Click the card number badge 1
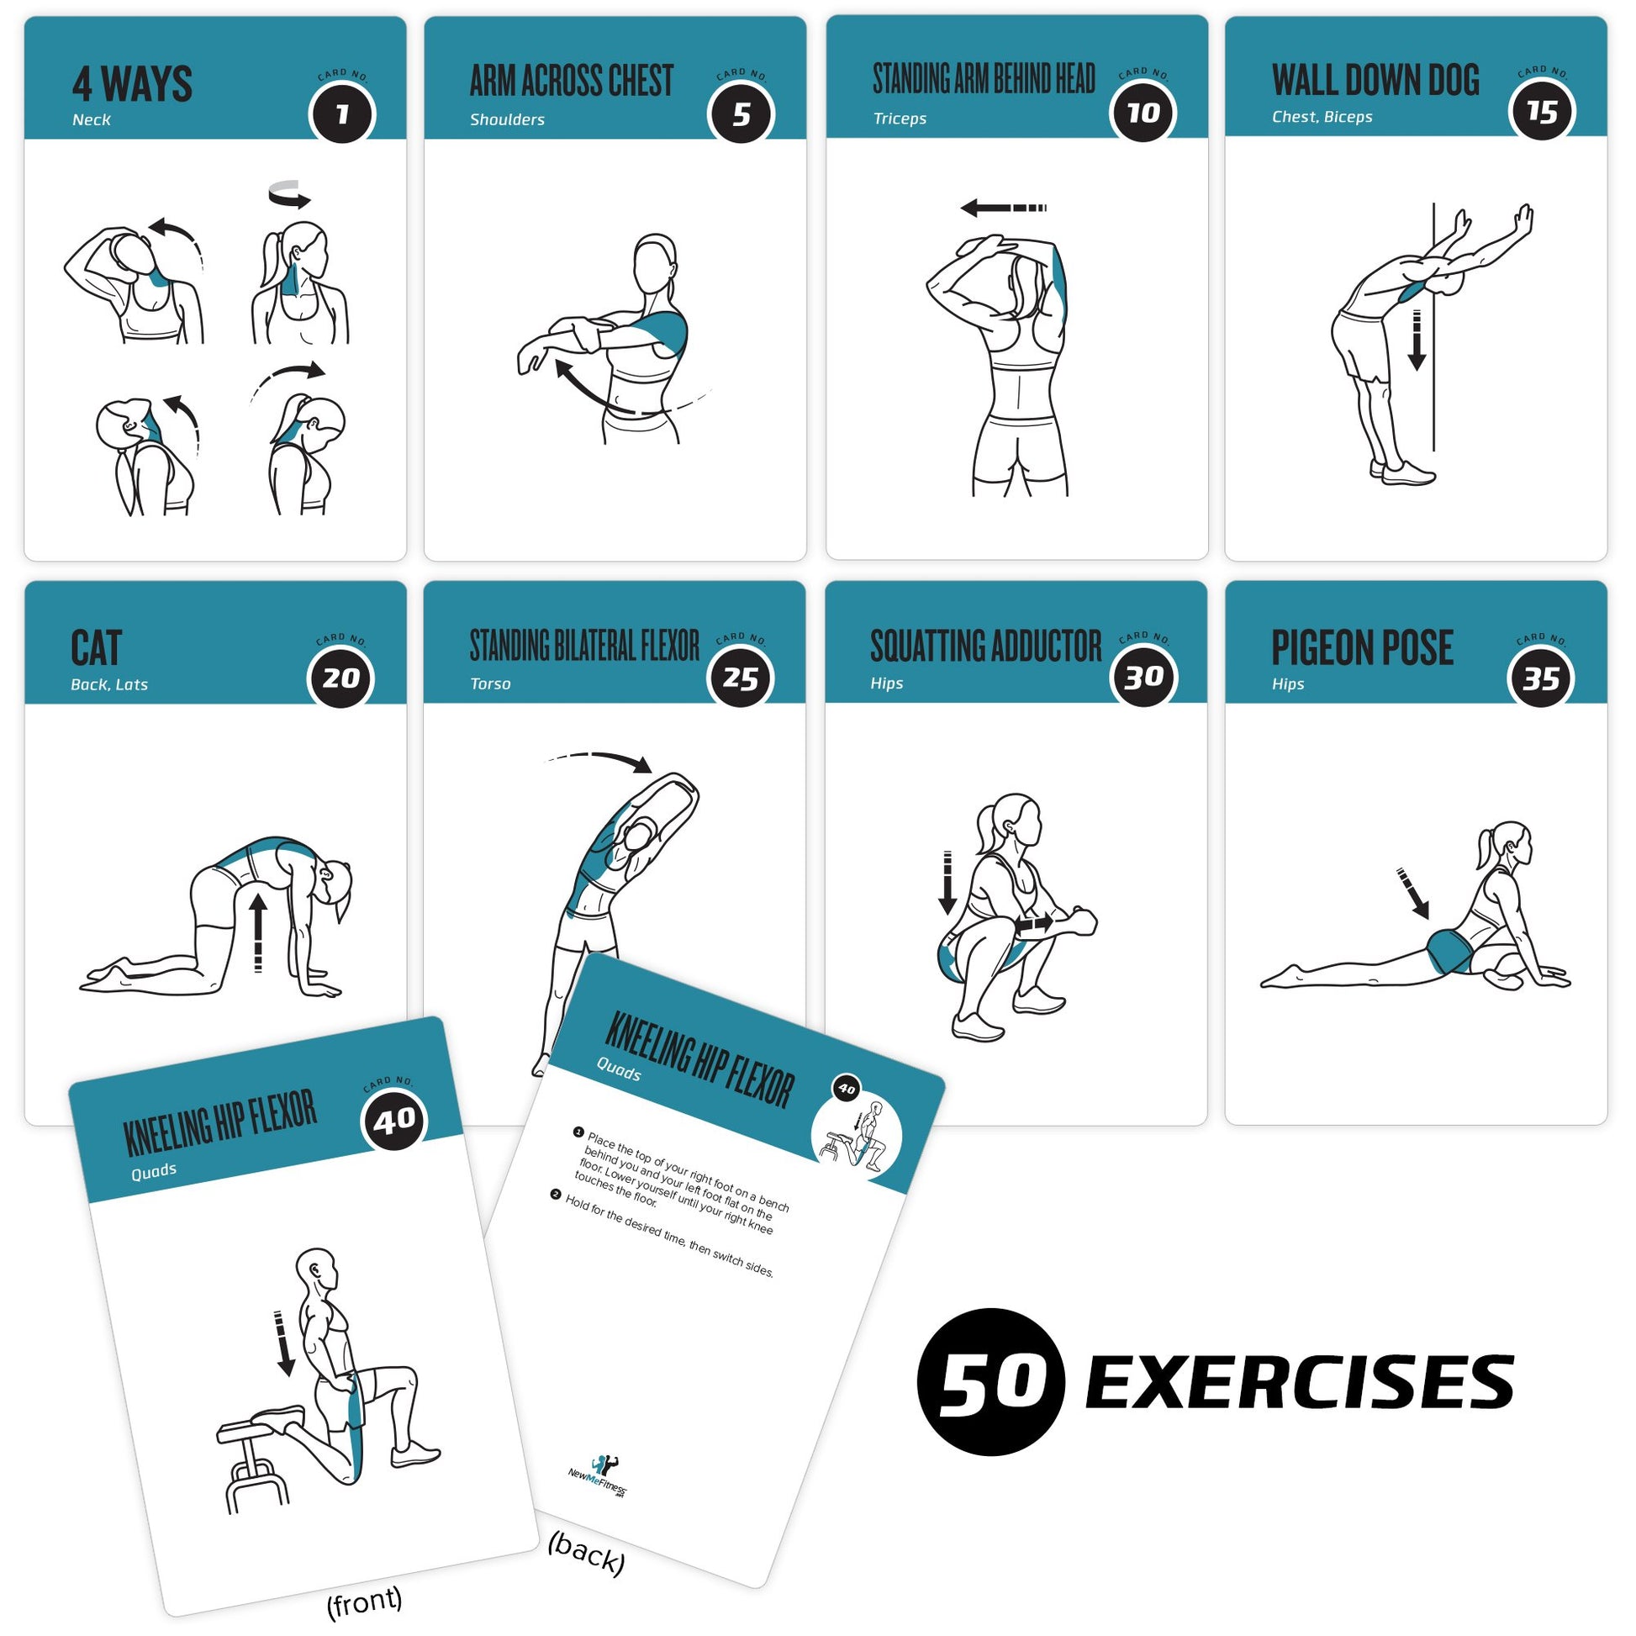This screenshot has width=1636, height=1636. pos(342,114)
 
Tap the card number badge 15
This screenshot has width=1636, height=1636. pos(1541,112)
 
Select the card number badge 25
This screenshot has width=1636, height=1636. pos(740,678)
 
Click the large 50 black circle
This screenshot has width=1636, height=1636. pos(990,1382)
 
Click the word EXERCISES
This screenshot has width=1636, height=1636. pos(1299,1382)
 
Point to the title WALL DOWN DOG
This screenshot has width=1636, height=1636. pos(1375,80)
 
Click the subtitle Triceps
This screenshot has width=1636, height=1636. pos(900,119)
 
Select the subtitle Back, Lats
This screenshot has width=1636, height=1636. pos(109,684)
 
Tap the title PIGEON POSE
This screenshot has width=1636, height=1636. pos(1362,648)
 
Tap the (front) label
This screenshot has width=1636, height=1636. pos(364,1600)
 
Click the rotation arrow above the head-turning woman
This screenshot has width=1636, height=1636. pos(289,195)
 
